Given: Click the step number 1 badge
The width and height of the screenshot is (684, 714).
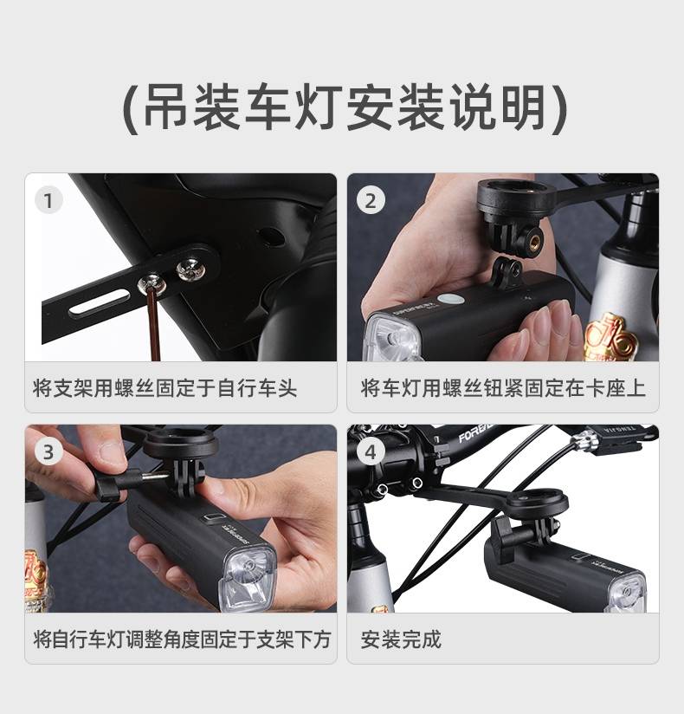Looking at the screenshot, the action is click(x=48, y=200).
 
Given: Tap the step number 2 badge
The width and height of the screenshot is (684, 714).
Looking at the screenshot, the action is click(x=371, y=200).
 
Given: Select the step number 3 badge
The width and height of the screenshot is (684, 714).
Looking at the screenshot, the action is click(x=48, y=452).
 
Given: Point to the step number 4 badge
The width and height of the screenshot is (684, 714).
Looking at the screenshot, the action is click(x=371, y=452).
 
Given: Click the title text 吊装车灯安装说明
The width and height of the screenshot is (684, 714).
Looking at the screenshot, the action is click(x=345, y=109).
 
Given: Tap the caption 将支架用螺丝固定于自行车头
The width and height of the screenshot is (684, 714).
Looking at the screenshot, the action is click(x=165, y=388).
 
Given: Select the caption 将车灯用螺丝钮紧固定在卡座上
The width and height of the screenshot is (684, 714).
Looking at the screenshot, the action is click(x=503, y=388).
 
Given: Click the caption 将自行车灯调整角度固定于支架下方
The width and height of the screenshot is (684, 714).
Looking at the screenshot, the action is click(x=182, y=639).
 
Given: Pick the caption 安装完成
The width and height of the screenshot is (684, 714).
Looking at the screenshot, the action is click(x=401, y=639).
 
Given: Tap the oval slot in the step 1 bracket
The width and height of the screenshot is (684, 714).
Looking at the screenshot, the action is click(x=100, y=302).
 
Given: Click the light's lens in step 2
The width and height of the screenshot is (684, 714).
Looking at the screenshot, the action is click(x=395, y=337).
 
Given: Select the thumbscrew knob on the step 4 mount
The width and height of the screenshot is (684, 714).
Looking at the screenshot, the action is click(x=504, y=531).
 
